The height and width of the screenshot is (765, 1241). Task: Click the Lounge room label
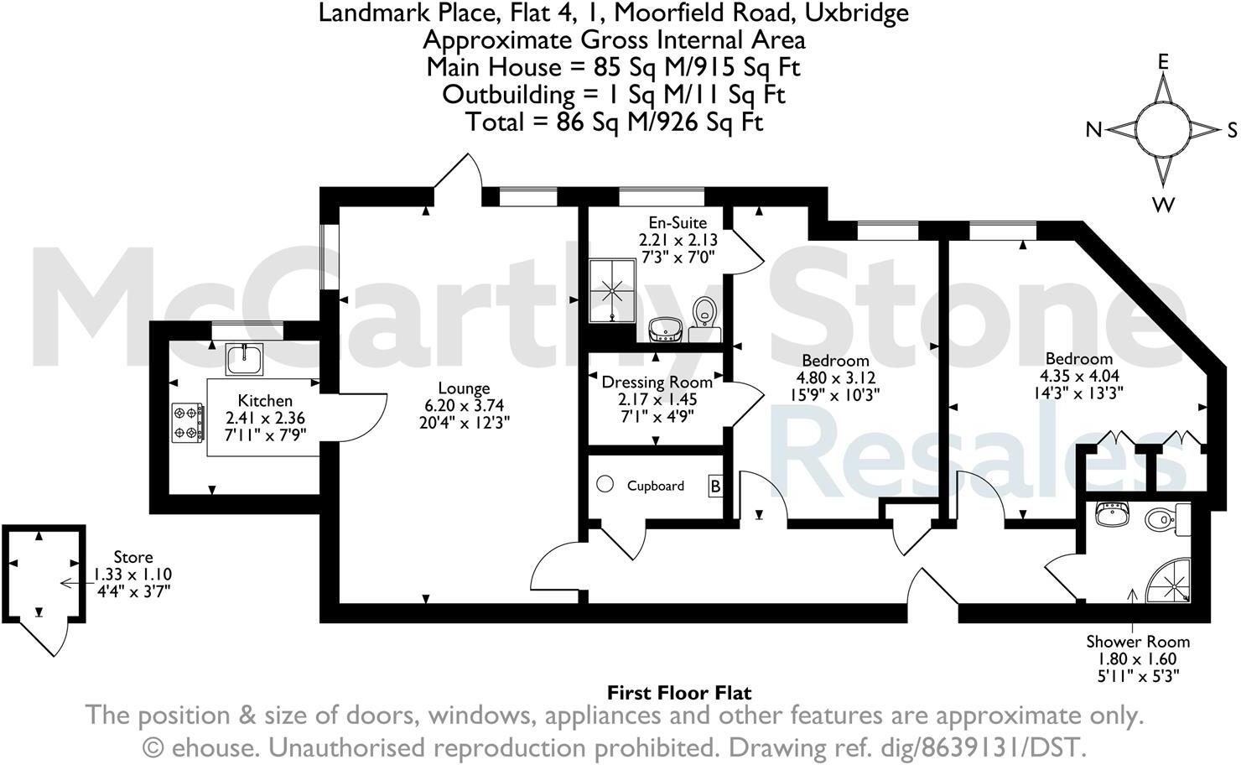point(464,388)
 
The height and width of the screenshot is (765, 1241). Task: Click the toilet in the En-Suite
point(704,312)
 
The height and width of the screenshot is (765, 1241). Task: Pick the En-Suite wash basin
point(667,328)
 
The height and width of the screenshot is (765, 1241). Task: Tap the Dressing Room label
point(657,382)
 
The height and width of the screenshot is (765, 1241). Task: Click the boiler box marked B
point(715,486)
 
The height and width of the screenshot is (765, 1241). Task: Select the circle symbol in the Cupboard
point(606,485)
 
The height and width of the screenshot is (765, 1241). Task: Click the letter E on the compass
point(1164,61)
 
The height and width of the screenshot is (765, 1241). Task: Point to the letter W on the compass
point(1164,204)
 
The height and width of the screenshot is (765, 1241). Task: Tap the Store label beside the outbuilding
point(133,557)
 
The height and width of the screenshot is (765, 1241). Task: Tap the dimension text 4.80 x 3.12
point(836,377)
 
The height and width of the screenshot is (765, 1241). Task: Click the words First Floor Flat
point(679,693)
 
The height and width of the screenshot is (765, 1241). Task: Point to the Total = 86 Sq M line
point(615,122)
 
